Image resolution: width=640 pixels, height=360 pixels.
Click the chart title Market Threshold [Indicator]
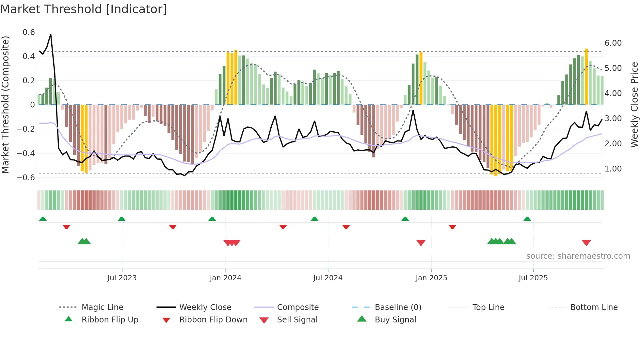84,9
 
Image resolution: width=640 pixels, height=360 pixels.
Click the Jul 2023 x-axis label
122,278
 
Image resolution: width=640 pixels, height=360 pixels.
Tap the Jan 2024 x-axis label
225,278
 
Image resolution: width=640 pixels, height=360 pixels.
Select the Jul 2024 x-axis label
328,278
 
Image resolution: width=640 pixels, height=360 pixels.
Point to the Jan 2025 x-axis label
431,278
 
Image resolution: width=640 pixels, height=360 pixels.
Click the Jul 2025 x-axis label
533,278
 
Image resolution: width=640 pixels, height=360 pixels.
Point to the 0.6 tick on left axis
29,32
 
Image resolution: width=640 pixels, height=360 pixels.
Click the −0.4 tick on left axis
26,153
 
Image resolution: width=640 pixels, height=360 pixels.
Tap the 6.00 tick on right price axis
613,43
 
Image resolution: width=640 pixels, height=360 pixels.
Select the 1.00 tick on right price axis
613,169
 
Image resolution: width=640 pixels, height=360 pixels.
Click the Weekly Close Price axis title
634,105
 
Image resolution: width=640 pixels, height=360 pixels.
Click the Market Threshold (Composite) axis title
5,105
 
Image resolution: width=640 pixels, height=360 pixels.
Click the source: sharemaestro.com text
578,256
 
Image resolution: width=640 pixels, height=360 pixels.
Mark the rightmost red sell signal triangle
586,243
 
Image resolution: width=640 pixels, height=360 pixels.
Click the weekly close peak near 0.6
51,34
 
